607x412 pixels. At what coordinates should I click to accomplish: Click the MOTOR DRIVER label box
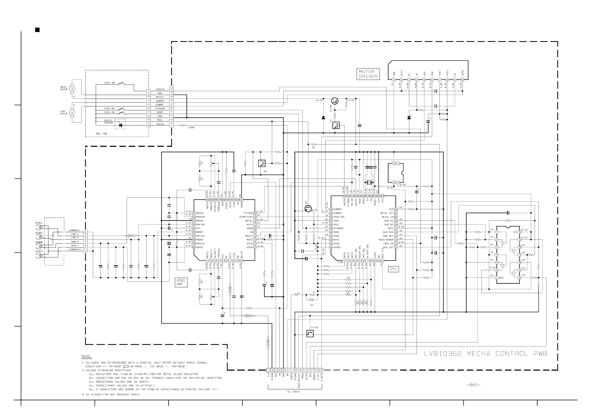click(368, 74)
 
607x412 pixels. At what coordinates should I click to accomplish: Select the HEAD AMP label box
click(181, 282)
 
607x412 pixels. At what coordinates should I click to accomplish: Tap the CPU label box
click(393, 269)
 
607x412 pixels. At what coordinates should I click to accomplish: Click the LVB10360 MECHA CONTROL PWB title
click(485, 354)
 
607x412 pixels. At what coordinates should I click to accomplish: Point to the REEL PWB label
click(101, 134)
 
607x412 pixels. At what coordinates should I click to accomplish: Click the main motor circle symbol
click(72, 89)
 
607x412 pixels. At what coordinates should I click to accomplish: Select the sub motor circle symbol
click(72, 113)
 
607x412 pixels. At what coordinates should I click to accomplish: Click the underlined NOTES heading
click(86, 356)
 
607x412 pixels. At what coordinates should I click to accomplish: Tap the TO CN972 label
click(293, 392)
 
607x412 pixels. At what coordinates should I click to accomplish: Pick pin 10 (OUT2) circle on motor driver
click(462, 80)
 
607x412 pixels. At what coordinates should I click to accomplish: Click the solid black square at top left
click(37, 30)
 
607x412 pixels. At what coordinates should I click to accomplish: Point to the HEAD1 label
click(39, 223)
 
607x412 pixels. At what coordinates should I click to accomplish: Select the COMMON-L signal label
click(75, 230)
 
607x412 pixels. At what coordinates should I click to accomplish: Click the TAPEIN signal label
click(160, 89)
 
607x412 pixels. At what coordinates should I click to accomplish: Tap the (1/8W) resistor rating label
click(191, 128)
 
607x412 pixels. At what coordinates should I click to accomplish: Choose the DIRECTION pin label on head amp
click(246, 217)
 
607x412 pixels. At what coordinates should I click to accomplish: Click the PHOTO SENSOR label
click(108, 122)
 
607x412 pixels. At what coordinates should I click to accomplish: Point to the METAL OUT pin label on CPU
click(387, 213)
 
